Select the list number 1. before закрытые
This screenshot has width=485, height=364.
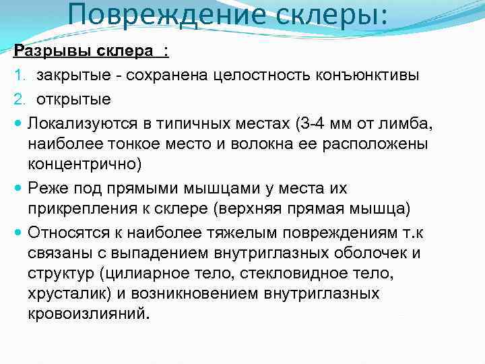(19, 75)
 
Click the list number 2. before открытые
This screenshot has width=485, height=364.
(19, 99)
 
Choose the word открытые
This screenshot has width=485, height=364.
(74, 99)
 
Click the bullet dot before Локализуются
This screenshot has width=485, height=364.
(18, 123)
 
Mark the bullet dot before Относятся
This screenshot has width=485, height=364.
(18, 233)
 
